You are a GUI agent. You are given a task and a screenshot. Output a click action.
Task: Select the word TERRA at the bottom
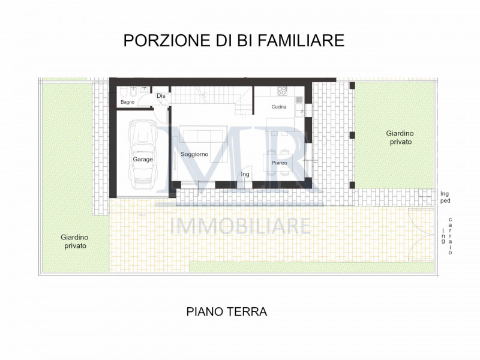coord(246,312)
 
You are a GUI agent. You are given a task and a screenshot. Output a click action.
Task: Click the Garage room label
coord(143,160)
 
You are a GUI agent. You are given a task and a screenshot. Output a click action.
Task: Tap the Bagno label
coord(127,102)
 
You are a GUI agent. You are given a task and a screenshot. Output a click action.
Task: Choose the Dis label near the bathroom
coord(160,96)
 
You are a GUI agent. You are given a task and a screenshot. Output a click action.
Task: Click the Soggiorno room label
coord(194,154)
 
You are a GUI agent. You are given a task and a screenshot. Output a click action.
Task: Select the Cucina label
coord(278,107)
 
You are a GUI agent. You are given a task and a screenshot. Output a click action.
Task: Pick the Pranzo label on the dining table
coord(279,163)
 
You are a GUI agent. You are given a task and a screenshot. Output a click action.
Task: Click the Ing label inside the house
coord(245,174)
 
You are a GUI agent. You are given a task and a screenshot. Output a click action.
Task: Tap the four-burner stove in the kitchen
coord(281,91)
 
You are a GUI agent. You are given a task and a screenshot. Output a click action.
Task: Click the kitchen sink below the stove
coord(298,100)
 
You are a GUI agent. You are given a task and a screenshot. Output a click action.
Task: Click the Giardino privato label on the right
coord(400,137)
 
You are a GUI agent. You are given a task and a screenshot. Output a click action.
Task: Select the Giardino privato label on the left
coord(73,241)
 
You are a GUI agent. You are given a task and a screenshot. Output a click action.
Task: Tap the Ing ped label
coord(445,197)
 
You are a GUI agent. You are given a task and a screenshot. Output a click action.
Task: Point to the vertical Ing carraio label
coord(447,236)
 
